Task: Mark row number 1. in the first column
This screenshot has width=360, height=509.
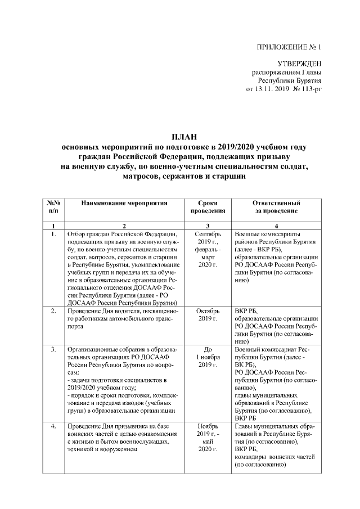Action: click(x=53, y=233)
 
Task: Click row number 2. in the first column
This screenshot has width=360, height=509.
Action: click(x=53, y=310)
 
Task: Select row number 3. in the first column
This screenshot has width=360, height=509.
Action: click(x=53, y=349)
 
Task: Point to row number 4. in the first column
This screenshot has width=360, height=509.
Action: click(x=53, y=427)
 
